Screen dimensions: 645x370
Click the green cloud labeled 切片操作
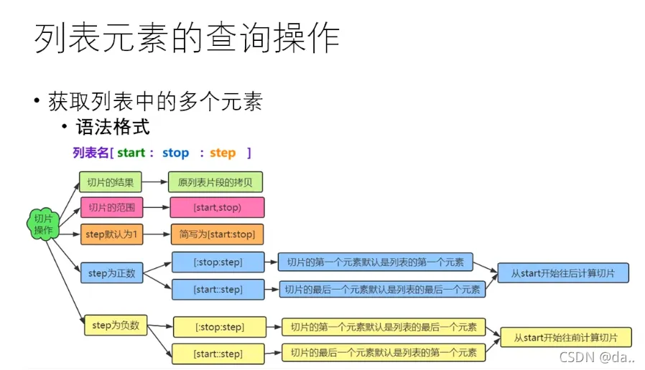pyautogui.click(x=43, y=224)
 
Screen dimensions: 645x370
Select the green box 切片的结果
pyautogui.click(x=110, y=182)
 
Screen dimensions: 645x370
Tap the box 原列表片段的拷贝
pyautogui.click(x=215, y=182)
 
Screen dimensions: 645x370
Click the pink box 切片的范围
pyautogui.click(x=111, y=207)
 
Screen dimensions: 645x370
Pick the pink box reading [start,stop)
pyautogui.click(x=217, y=207)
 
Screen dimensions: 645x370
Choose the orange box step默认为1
pyautogui.click(x=111, y=234)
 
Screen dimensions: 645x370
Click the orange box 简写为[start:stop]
pyautogui.click(x=217, y=234)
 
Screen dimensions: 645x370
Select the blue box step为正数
pyautogui.click(x=111, y=273)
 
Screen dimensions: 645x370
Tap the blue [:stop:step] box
pyautogui.click(x=218, y=262)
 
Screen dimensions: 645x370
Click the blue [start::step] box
pyautogui.click(x=218, y=290)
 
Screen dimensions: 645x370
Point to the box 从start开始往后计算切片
pyautogui.click(x=563, y=273)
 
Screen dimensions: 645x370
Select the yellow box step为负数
pyautogui.click(x=116, y=326)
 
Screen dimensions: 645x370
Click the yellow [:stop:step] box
pyautogui.click(x=220, y=327)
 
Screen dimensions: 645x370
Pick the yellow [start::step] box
pyautogui.click(x=218, y=354)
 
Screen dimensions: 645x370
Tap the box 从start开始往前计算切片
pyautogui.click(x=566, y=338)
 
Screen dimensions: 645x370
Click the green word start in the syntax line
pyautogui.click(x=131, y=153)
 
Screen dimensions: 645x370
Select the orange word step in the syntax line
pyautogui.click(x=223, y=153)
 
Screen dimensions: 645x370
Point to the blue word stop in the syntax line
pyautogui.click(x=176, y=153)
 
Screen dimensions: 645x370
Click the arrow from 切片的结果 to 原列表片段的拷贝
pyautogui.click(x=154, y=182)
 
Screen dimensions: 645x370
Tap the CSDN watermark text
pyautogui.click(x=597, y=357)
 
